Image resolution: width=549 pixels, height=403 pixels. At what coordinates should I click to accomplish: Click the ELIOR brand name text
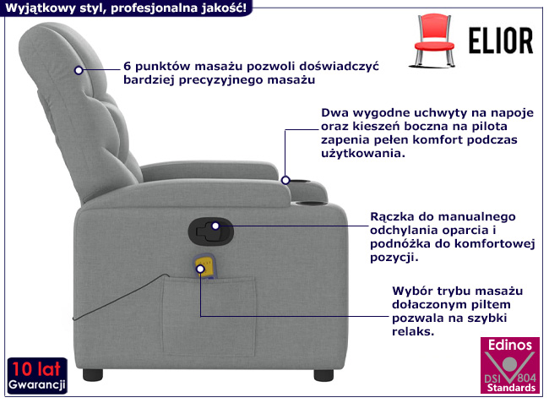click(x=501, y=41)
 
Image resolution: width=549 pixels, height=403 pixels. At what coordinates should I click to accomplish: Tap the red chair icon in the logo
click(x=434, y=41)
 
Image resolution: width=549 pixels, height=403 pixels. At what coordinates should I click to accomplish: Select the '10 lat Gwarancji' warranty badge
click(x=37, y=376)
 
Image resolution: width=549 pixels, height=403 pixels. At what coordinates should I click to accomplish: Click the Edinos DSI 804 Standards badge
click(x=510, y=365)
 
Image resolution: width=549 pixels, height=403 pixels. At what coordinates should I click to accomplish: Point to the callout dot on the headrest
click(x=79, y=70)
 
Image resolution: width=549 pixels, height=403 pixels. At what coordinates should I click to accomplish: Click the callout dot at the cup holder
click(x=285, y=180)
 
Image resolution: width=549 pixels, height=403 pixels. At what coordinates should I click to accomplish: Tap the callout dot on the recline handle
click(x=215, y=226)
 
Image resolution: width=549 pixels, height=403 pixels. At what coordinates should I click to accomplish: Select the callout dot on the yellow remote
click(x=200, y=269)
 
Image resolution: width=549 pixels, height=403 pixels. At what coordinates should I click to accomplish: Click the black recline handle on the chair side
click(x=211, y=231)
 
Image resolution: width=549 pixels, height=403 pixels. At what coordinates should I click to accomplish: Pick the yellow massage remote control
click(x=205, y=266)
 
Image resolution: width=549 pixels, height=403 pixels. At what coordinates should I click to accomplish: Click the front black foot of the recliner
click(x=323, y=375)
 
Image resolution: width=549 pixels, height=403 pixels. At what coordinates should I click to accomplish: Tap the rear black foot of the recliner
click(x=93, y=375)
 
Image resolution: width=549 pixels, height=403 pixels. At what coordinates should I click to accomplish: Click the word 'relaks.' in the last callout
click(x=413, y=331)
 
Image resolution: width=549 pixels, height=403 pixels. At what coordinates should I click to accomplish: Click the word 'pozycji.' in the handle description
click(x=394, y=258)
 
